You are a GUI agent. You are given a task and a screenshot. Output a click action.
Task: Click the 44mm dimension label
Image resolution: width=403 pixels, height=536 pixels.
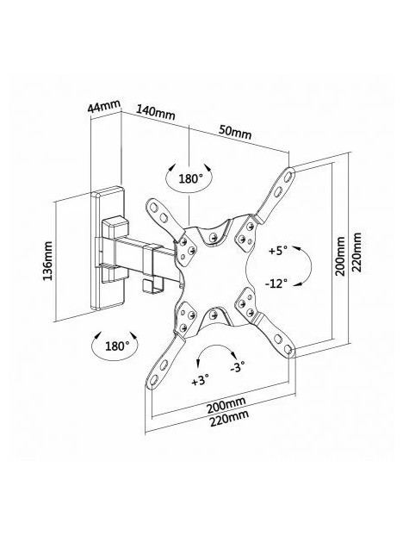[x=104, y=106]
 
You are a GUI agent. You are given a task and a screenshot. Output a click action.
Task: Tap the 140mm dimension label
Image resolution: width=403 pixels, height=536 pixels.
[x=156, y=112]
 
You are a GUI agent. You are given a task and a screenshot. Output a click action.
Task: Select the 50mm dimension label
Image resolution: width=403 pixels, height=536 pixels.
[x=234, y=133]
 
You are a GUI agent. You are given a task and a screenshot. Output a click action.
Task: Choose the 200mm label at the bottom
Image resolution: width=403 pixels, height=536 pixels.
[x=226, y=405]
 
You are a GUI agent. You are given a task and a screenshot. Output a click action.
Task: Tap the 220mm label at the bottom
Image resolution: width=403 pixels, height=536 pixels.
[x=229, y=419]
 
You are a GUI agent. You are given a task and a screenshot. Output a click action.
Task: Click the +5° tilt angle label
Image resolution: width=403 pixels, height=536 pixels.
[x=278, y=252]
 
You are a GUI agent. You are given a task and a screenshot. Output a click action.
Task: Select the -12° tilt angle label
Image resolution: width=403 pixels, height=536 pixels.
[x=276, y=284]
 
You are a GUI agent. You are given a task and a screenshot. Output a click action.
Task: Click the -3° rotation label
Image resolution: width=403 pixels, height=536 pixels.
[x=238, y=367]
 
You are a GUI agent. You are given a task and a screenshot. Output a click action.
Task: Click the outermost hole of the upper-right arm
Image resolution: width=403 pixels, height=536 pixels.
[x=288, y=177]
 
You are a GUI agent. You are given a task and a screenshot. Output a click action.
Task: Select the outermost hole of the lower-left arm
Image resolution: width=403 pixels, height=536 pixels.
[x=154, y=379]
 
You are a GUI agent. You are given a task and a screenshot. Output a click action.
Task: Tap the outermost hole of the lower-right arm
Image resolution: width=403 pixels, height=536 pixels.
[x=288, y=349]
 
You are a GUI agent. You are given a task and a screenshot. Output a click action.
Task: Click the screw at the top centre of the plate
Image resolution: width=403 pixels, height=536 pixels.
[x=213, y=236]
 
